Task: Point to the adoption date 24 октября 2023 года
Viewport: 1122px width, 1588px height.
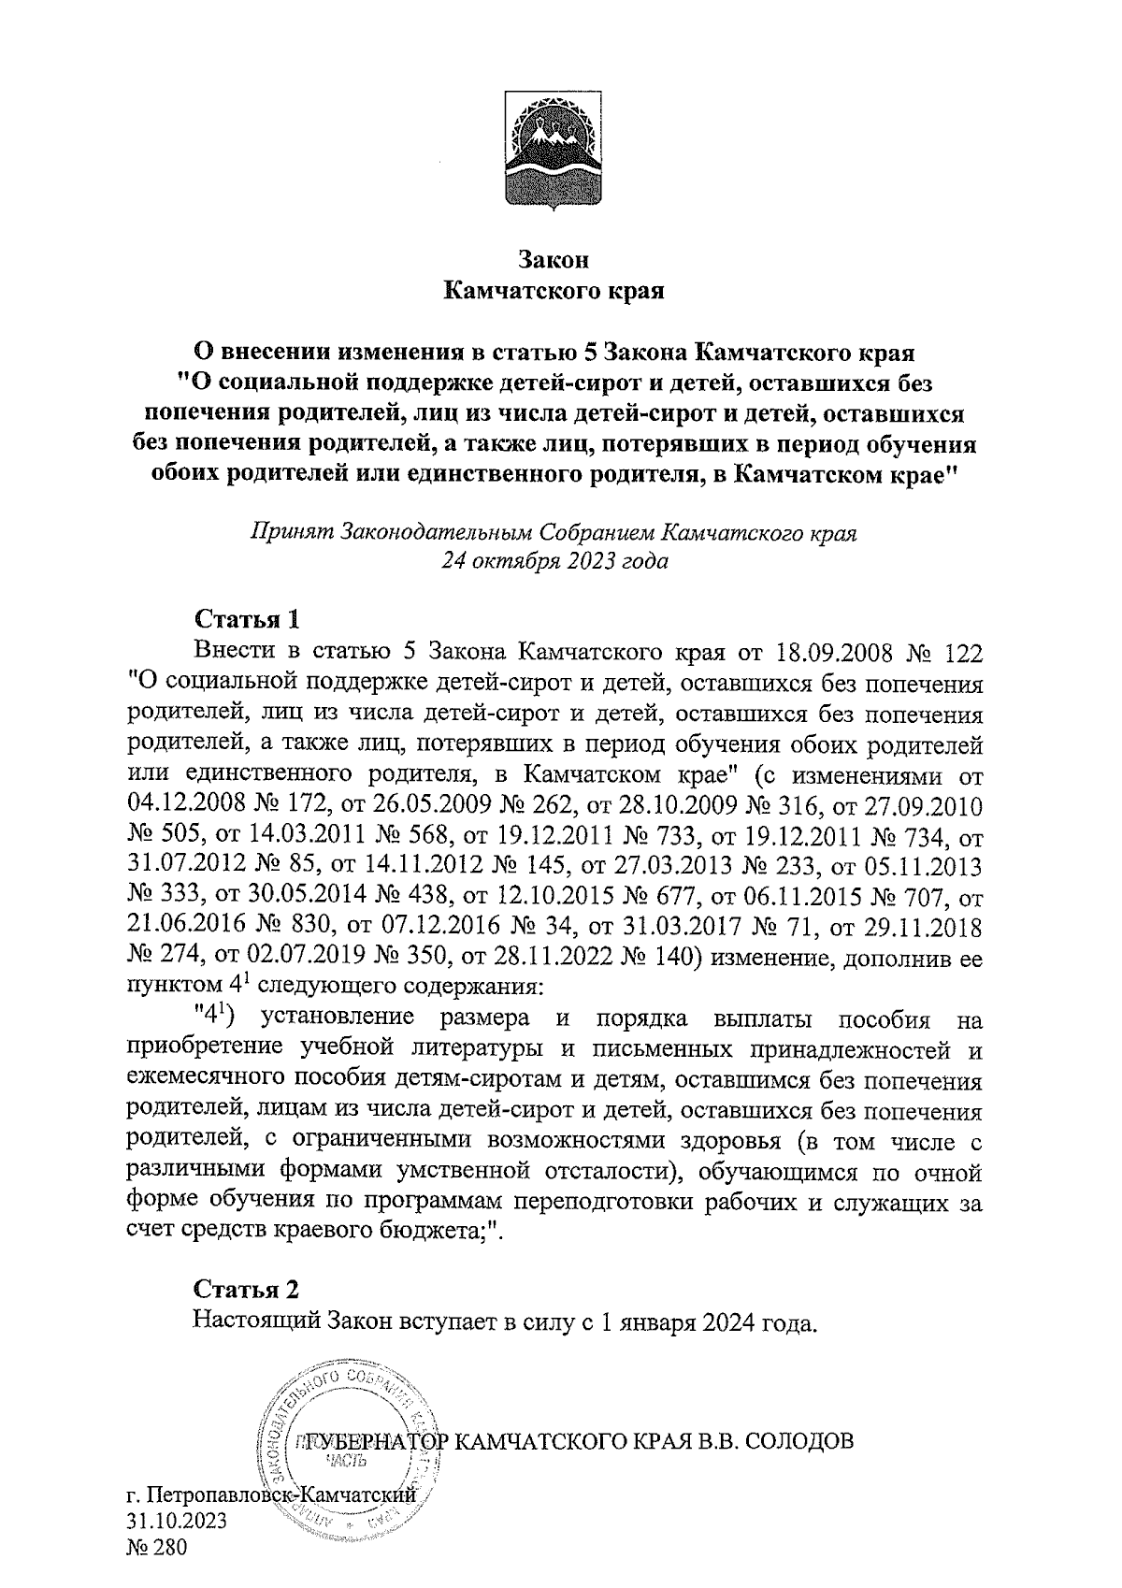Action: (x=554, y=563)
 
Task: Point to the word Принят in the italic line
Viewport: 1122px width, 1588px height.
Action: (x=293, y=533)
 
